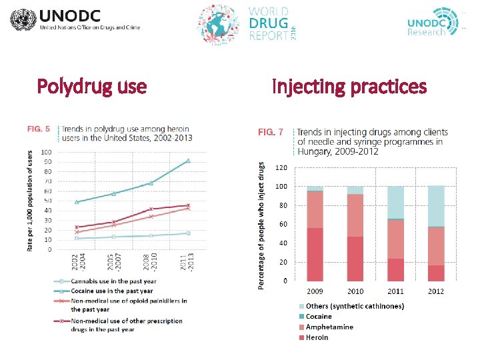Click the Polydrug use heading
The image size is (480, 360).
click(x=92, y=87)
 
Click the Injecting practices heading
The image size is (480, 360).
click(x=349, y=87)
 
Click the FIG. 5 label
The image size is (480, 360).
click(x=38, y=129)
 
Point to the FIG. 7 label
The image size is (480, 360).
click(x=270, y=133)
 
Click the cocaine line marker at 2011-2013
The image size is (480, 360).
click(x=189, y=161)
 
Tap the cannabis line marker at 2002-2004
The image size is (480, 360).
click(x=77, y=238)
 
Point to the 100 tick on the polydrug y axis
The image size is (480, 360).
click(x=46, y=152)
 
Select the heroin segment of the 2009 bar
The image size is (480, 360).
click(x=315, y=254)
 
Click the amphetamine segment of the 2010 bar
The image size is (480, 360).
click(x=355, y=215)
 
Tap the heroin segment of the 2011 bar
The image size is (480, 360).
click(x=395, y=269)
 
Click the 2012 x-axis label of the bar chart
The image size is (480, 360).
click(x=436, y=291)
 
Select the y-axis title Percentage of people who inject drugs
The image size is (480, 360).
click(x=261, y=225)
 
